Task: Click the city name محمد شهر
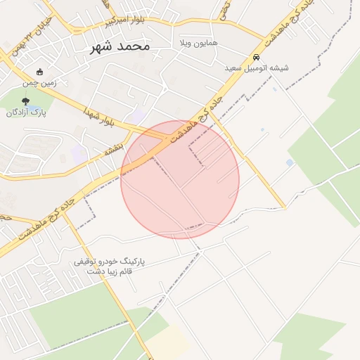pyautogui.click(x=121, y=46)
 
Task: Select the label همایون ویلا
pyautogui.click(x=198, y=43)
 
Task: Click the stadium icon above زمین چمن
pyautogui.click(x=39, y=71)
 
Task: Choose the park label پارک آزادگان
pyautogui.click(x=26, y=112)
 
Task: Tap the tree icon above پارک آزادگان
pyautogui.click(x=26, y=102)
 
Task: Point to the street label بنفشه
pyautogui.click(x=114, y=149)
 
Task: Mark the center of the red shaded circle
pyautogui.click(x=180, y=180)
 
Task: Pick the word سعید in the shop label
pyautogui.click(x=234, y=68)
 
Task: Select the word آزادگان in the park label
pyautogui.click(x=19, y=112)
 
